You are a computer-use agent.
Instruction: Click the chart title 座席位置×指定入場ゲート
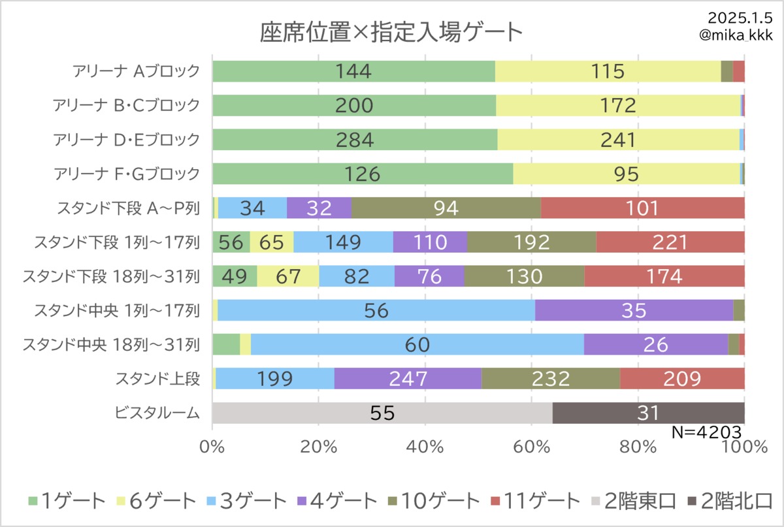(391, 32)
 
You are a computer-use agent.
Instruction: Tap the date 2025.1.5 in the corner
(740, 18)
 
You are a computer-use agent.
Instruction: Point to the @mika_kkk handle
(736, 35)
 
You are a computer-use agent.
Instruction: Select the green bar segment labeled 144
(353, 71)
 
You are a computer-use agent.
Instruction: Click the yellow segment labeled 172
(618, 105)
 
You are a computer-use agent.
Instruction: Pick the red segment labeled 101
(643, 208)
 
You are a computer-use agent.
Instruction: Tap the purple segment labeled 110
(430, 242)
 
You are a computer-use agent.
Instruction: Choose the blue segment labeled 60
(417, 344)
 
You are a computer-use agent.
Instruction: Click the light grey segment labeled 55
(382, 413)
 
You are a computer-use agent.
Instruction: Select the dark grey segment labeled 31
(649, 413)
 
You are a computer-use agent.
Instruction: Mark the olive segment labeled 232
(551, 378)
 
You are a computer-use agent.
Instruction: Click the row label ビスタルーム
(157, 413)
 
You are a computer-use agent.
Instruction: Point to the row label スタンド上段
(158, 379)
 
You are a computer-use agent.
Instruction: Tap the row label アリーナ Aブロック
(136, 71)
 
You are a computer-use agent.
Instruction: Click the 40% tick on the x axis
(425, 447)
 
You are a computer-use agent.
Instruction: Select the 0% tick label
(212, 447)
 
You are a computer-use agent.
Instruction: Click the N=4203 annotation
(707, 432)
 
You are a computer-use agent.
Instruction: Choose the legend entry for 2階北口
(730, 501)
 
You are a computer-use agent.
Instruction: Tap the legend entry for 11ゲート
(536, 501)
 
